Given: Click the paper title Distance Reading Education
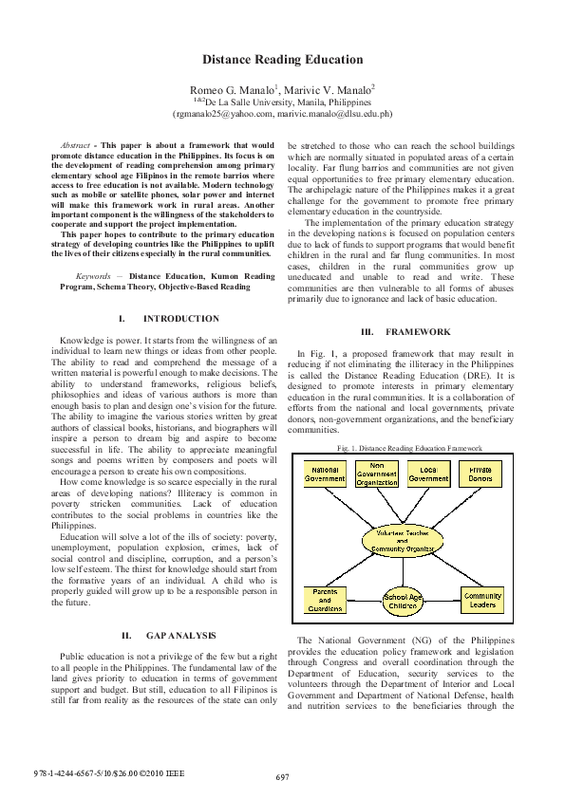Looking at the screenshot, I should pos(282,60).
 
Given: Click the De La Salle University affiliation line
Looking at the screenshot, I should pos(282,101).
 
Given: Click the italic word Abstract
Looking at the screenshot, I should pos(75,144).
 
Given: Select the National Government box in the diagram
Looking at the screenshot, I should pos(325,474).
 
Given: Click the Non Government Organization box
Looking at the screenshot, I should pos(377,474).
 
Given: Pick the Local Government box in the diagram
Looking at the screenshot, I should pos(428,474).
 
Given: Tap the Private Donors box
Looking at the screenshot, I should pos(480,474).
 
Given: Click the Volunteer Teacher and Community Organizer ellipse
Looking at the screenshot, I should pos(403,540).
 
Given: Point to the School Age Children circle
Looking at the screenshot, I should pos(403,601).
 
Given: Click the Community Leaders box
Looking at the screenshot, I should pos(482,600).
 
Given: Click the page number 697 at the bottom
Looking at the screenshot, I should pos(282,777).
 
